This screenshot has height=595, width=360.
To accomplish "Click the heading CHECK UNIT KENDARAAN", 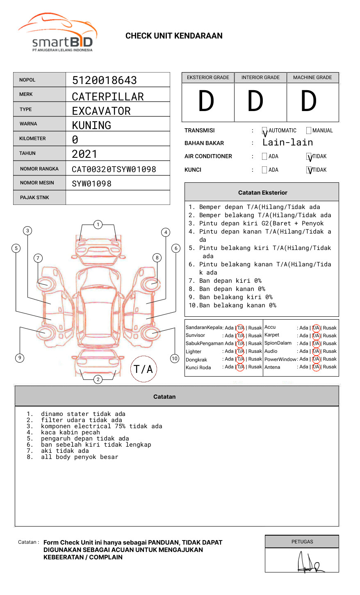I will [174, 36].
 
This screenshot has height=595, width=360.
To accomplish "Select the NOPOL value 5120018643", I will [105, 80].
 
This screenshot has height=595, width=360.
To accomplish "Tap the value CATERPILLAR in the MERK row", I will [108, 97].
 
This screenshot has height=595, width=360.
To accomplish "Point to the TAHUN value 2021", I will [84, 154].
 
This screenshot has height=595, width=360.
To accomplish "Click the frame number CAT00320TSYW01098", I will [114, 169].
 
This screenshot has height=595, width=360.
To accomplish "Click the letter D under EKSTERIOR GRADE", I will [206, 102].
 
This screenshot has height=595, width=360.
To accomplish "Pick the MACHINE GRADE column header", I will [312, 77].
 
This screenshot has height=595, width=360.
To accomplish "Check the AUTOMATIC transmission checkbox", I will [264, 131].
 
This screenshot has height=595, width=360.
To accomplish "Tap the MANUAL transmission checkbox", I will [309, 131].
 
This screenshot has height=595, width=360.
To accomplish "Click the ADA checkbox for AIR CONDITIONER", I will [264, 157].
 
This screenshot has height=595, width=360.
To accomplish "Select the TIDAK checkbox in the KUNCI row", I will [309, 170].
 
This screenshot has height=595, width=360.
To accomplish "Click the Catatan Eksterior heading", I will [262, 193].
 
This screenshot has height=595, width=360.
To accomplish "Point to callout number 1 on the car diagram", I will [98, 224].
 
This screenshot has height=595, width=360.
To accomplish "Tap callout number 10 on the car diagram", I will [175, 359].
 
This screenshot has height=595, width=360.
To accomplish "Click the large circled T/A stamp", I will [144, 369].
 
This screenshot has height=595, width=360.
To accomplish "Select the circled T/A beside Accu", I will [316, 328].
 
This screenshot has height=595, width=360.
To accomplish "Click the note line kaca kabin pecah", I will [71, 432].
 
